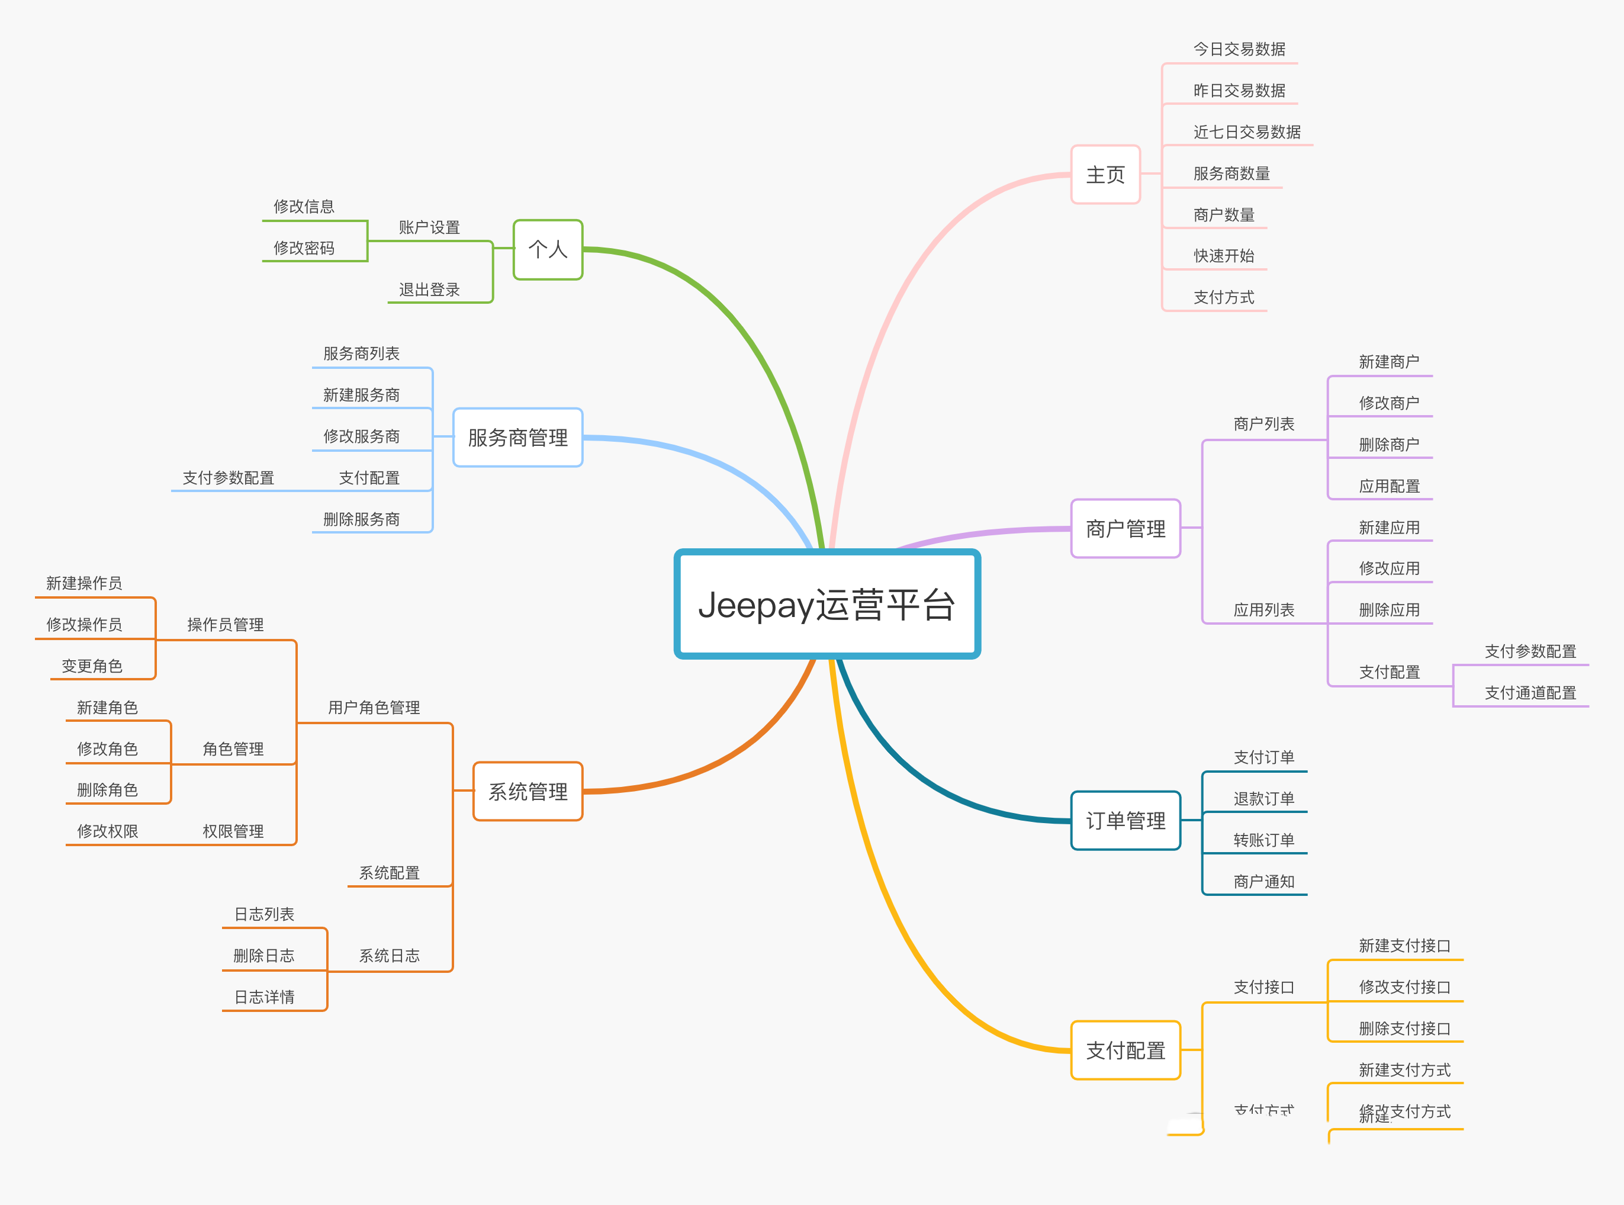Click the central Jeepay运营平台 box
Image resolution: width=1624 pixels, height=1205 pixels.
point(827,604)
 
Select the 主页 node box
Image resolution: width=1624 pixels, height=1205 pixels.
point(1105,174)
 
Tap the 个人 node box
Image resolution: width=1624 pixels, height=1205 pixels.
point(548,249)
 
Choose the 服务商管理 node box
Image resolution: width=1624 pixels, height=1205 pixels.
point(518,438)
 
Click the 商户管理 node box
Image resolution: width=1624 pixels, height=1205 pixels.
point(1125,529)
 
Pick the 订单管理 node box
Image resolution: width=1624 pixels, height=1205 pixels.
point(1125,821)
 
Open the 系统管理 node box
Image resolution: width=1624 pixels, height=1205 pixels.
point(528,792)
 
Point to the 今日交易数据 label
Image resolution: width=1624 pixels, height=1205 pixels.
point(1239,49)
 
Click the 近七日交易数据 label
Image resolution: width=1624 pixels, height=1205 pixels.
point(1247,132)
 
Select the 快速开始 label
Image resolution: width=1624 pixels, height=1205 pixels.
point(1224,256)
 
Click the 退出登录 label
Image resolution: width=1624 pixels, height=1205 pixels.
point(429,290)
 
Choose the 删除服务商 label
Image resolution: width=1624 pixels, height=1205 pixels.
point(362,519)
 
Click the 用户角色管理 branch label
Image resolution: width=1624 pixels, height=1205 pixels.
point(374,708)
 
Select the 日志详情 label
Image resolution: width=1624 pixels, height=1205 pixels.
point(264,997)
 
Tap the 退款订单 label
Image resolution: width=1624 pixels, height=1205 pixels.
point(1264,799)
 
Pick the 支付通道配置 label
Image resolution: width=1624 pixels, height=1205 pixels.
point(1530,693)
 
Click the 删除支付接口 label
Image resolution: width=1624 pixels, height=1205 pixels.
point(1404,1029)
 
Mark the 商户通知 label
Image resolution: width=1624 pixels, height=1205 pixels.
point(1264,882)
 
